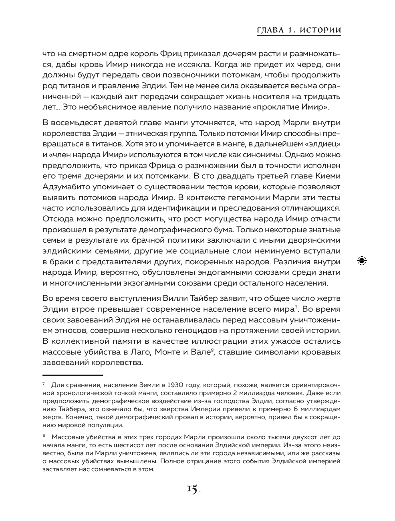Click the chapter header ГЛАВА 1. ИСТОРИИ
(x=298, y=30)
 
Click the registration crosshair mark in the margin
(x=361, y=261)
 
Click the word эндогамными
(x=226, y=272)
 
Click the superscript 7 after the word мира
(x=296, y=307)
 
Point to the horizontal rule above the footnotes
(x=73, y=375)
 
